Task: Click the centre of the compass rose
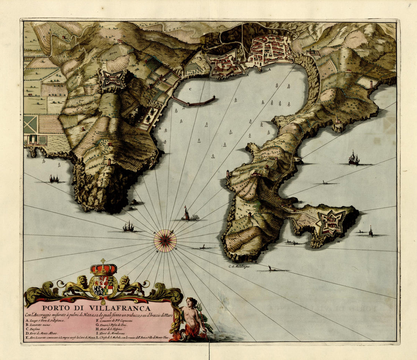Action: (x=165, y=241)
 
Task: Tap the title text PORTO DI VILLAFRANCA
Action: (x=96, y=308)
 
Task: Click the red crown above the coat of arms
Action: (x=103, y=269)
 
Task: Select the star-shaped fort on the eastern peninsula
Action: (x=330, y=223)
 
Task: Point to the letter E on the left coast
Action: (x=27, y=155)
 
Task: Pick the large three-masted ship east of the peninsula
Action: (x=354, y=158)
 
